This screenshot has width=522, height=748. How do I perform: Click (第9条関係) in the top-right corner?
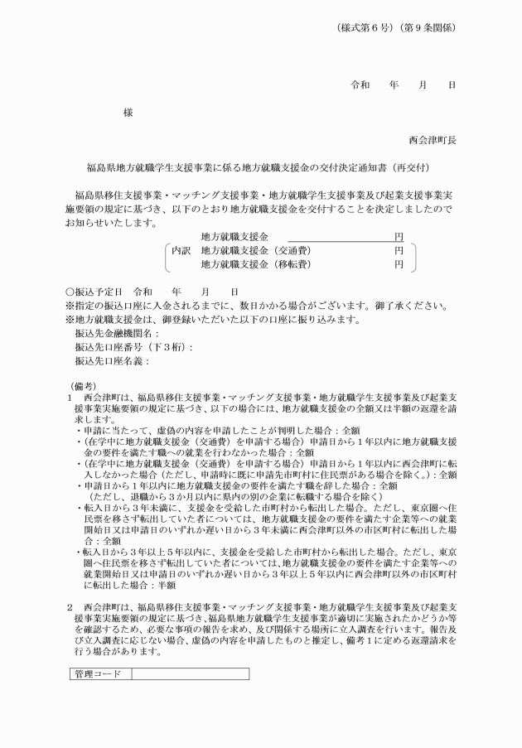tap(428, 27)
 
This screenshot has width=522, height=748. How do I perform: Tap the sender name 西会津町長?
tap(432, 140)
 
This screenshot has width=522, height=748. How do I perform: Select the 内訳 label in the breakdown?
tap(181, 250)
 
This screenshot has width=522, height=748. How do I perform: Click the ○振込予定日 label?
tap(94, 292)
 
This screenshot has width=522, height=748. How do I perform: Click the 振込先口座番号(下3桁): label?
tap(133, 347)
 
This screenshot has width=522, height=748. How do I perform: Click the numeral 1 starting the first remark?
tap(70, 398)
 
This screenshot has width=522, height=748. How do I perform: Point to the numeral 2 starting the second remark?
tap(70, 608)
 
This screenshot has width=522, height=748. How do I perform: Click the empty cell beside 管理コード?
tap(189, 674)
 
